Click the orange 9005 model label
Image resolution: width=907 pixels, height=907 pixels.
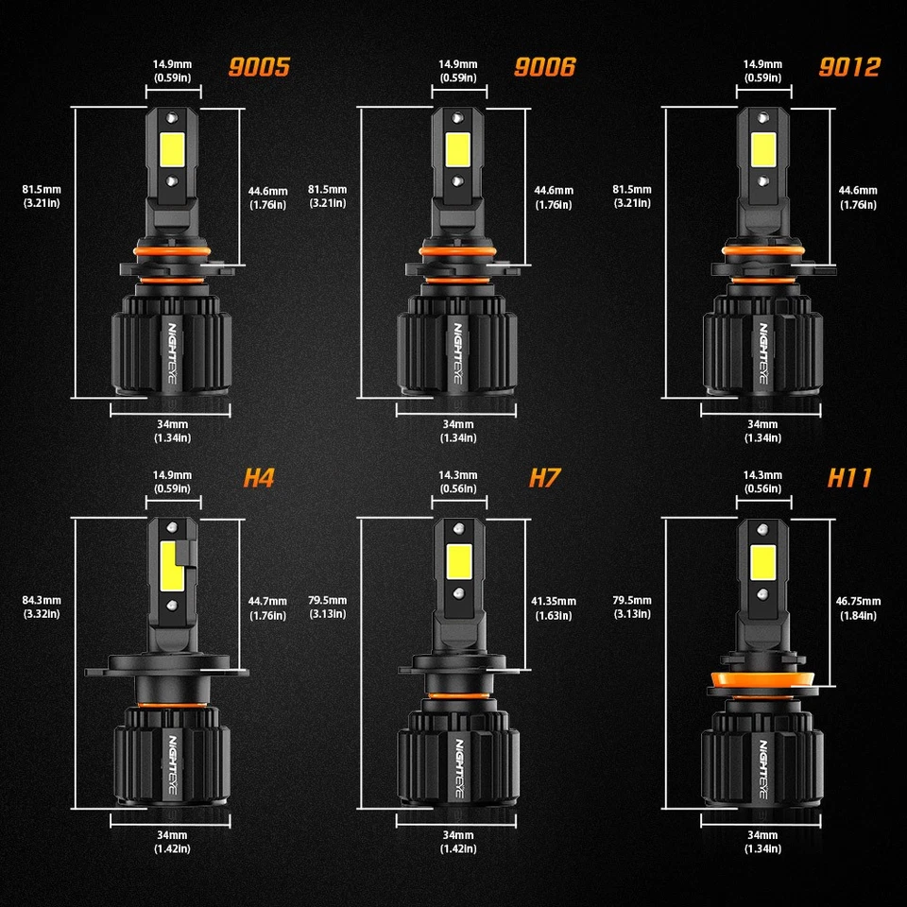[x=258, y=68]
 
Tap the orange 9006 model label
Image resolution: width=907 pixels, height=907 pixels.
[x=544, y=68]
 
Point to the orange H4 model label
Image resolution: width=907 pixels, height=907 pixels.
[x=258, y=478]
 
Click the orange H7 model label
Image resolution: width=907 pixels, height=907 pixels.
[x=545, y=478]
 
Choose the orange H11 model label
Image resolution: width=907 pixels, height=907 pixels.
[x=849, y=478]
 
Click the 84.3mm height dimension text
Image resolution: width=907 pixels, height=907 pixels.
[x=42, y=607]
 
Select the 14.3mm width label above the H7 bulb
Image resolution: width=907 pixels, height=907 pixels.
[x=458, y=481]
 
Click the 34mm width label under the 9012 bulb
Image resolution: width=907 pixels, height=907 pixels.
[x=762, y=430]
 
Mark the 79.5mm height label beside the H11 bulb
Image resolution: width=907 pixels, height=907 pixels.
[x=632, y=607]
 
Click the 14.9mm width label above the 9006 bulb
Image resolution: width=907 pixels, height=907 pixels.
[x=458, y=71]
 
